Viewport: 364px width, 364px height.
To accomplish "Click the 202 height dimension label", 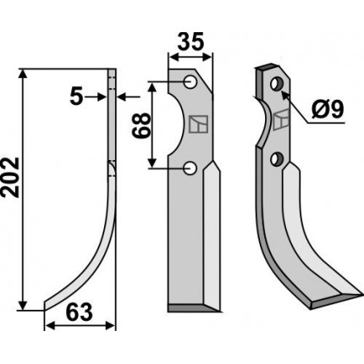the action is [10, 177].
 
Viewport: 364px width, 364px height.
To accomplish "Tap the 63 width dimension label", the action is [79, 312].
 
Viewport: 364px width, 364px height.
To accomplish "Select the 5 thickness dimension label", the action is [76, 97].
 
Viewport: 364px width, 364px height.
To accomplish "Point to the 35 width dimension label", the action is [190, 41].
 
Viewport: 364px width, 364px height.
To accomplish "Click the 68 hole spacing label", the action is [141, 125].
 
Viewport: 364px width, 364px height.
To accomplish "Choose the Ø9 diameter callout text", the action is [328, 109].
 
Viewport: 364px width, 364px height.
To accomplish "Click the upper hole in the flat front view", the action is [190, 82].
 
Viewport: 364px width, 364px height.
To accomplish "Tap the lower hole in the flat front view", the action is [190, 168].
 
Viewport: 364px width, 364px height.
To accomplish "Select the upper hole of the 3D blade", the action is [276, 84].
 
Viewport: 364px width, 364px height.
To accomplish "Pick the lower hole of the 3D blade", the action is [276, 159].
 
